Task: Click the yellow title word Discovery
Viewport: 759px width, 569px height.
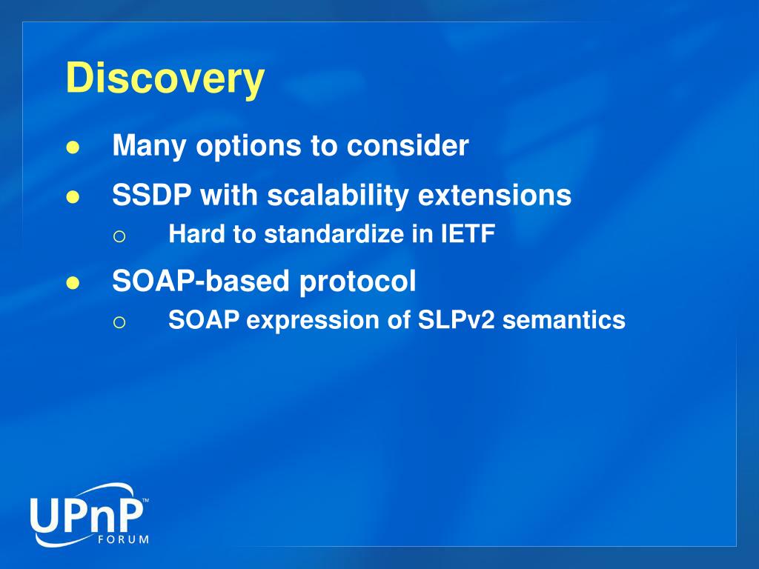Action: click(x=165, y=79)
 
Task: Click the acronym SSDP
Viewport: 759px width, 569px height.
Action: click(x=151, y=195)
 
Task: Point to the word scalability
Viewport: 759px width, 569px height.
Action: click(x=338, y=196)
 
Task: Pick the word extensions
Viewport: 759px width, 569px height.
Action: click(x=494, y=195)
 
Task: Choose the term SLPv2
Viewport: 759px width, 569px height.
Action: click(x=456, y=320)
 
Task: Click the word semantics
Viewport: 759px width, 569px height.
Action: click(x=564, y=320)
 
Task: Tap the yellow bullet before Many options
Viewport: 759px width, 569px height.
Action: click(x=72, y=147)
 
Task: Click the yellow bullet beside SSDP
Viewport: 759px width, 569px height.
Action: click(x=72, y=197)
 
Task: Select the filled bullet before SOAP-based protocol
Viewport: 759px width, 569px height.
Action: click(x=72, y=283)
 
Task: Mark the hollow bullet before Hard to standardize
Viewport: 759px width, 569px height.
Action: click(x=119, y=236)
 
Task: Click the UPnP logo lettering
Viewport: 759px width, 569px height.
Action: click(x=87, y=516)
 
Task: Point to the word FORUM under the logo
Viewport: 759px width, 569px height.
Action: click(x=124, y=539)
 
